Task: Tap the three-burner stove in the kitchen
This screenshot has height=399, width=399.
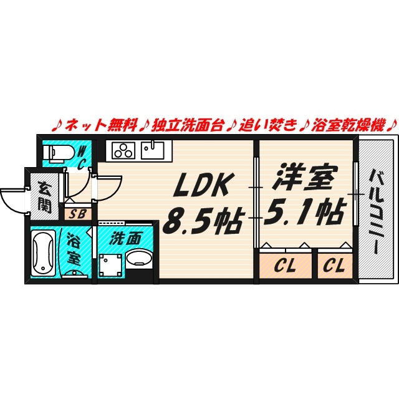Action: pos(123,151)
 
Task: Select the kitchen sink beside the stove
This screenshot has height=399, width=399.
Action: pos(153,150)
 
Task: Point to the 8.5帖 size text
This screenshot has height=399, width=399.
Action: pos(203,221)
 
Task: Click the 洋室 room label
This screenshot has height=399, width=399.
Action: pos(305,177)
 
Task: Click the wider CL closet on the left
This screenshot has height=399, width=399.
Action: pos(285,265)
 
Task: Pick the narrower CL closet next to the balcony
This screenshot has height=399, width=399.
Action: pos(335,265)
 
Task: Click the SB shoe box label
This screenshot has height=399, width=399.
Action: pos(77,214)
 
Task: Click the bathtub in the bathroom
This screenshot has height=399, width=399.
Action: pos(44,254)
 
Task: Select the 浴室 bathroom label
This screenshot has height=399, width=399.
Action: pos(74,250)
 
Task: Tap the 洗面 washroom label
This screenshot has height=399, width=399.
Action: pos(125,239)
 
